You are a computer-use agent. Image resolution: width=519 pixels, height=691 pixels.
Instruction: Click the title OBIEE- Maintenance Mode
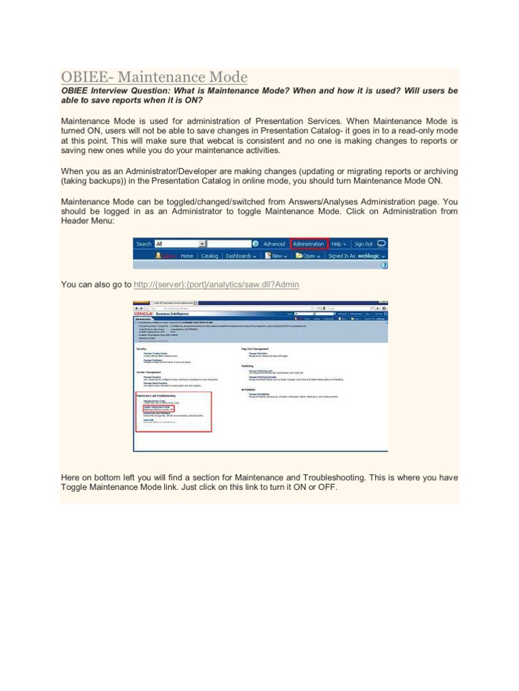pos(154,77)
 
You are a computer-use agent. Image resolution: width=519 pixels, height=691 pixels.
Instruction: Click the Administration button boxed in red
pos(308,244)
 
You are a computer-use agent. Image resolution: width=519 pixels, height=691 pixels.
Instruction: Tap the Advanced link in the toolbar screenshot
pos(274,244)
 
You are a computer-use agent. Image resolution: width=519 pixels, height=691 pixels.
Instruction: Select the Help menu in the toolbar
pos(339,244)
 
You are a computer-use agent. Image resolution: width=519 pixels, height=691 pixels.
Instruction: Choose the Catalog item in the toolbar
pos(209,256)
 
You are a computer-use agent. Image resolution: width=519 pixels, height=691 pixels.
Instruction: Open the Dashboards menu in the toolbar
pos(242,256)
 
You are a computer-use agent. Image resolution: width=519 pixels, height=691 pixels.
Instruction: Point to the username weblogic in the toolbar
pos(372,256)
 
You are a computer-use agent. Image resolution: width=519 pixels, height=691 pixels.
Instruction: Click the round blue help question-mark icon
pos(385,265)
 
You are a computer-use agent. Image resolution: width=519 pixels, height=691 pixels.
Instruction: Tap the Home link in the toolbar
pos(187,256)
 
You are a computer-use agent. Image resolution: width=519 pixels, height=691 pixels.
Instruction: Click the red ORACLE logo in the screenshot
pos(143,314)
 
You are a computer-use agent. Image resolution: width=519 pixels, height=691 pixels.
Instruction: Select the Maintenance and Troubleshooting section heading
pos(156,395)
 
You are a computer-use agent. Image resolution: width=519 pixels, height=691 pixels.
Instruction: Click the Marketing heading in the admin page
pos(247,365)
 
